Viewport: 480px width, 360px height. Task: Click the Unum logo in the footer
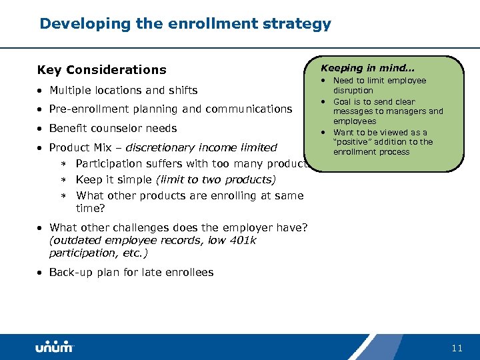point(55,347)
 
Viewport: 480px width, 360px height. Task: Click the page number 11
point(457,348)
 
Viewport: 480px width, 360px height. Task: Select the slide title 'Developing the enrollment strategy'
point(185,24)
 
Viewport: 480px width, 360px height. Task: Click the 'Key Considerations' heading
point(101,70)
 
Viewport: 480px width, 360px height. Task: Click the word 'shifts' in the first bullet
point(181,90)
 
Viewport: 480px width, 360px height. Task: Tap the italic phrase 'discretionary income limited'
point(201,147)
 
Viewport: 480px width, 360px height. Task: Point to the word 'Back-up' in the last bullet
point(71,272)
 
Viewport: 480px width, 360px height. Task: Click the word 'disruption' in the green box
point(353,91)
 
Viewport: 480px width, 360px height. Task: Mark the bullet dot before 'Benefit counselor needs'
point(41,129)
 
